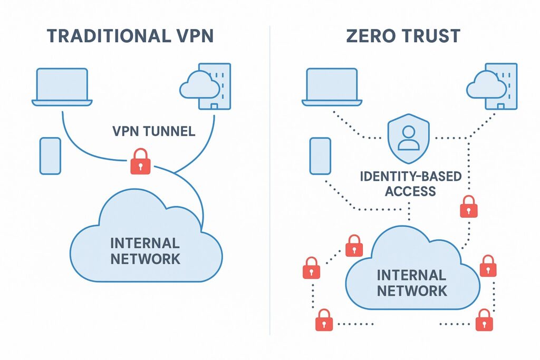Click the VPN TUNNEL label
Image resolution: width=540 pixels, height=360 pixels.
(153, 131)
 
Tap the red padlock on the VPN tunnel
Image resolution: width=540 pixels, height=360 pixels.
(139, 161)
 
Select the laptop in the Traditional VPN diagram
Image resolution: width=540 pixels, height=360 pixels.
(62, 86)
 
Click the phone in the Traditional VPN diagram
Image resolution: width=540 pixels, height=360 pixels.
(50, 156)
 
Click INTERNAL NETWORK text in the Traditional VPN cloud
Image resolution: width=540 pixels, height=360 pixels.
(144, 251)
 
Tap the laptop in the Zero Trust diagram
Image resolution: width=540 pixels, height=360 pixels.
(332, 86)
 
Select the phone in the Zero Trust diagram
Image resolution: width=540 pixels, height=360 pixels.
(320, 156)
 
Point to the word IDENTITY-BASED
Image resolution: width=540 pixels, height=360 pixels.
(410, 177)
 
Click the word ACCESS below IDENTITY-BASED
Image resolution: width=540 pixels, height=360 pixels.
(410, 191)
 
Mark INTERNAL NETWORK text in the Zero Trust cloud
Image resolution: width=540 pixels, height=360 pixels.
(411, 283)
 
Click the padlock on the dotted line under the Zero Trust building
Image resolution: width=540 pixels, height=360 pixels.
(468, 206)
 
